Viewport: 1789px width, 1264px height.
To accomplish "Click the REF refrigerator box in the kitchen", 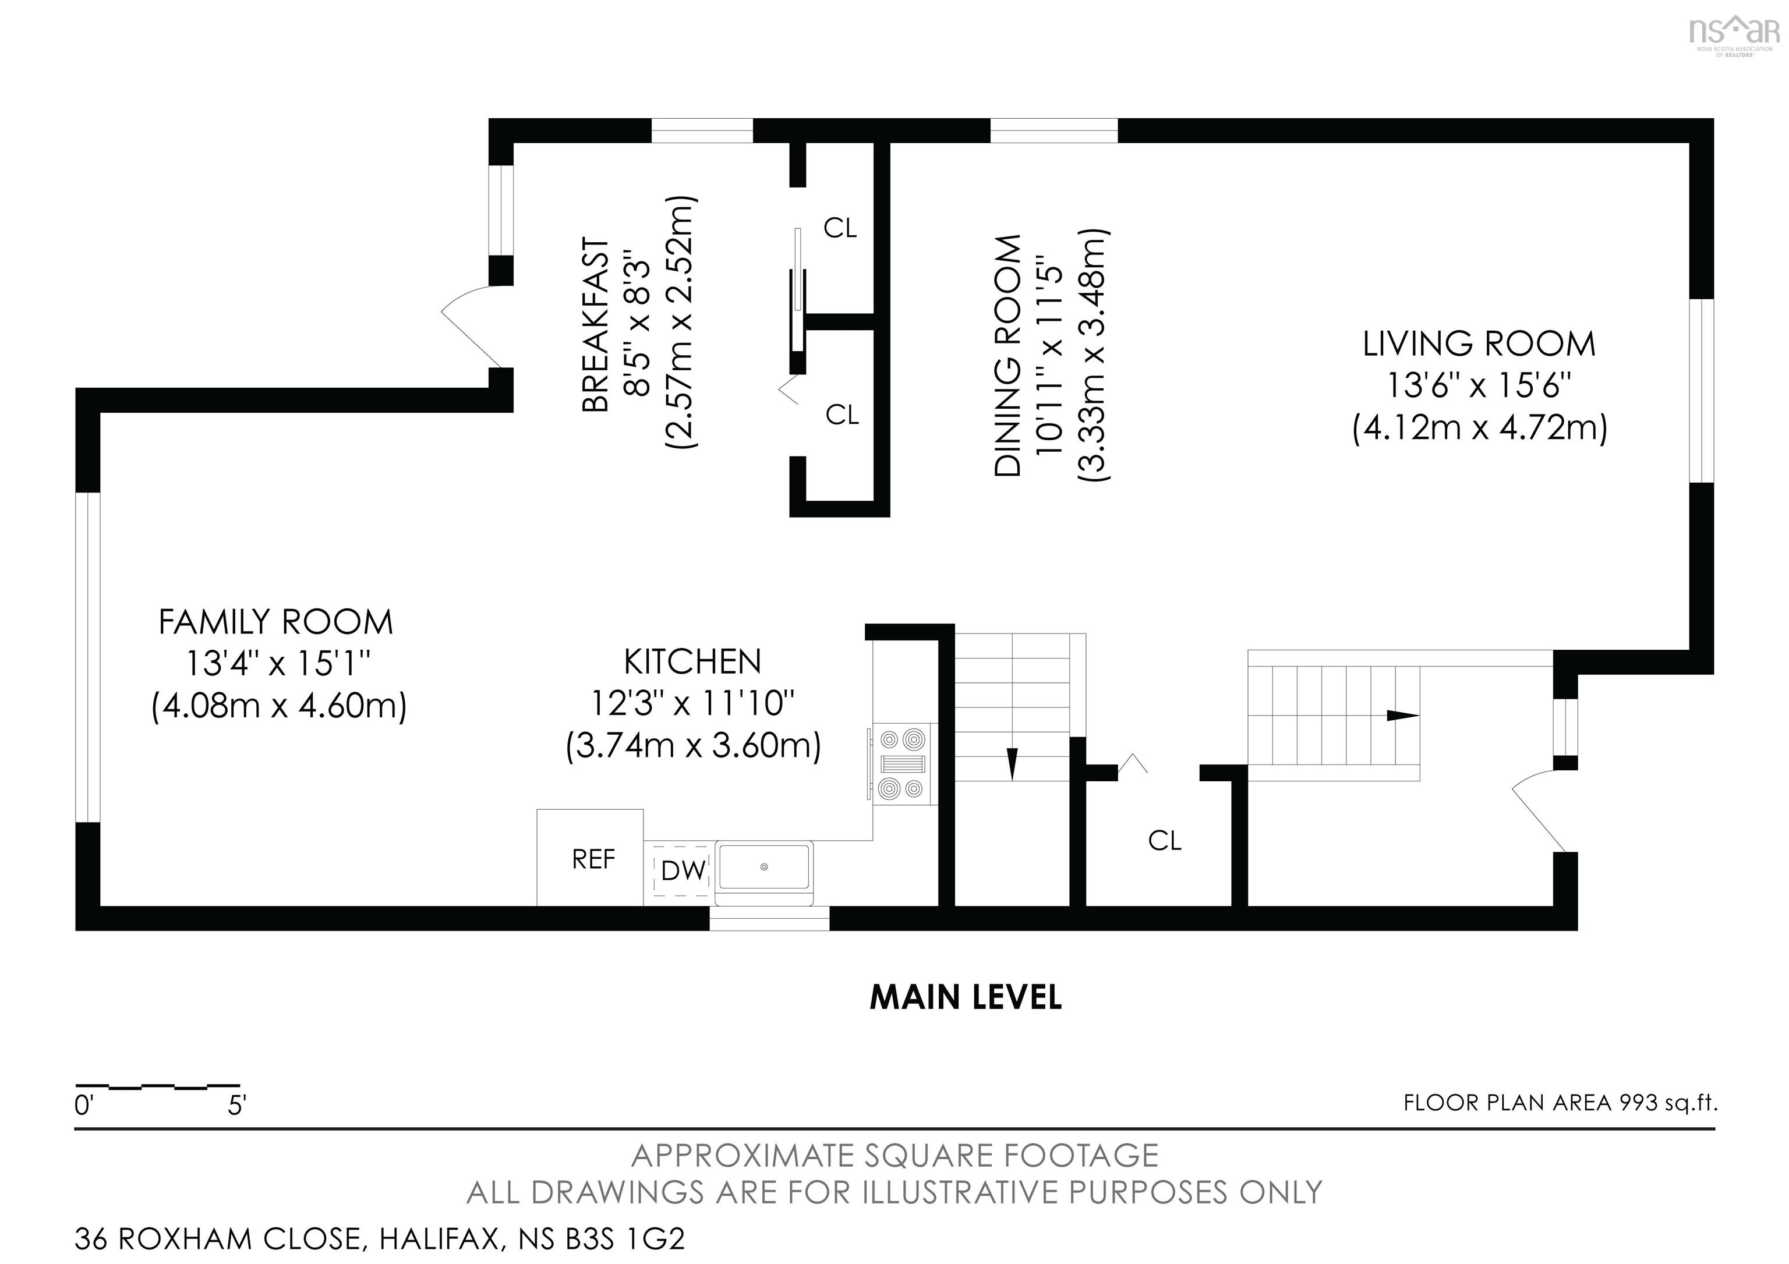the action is tap(590, 858).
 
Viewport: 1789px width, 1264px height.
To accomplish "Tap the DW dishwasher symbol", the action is tap(683, 870).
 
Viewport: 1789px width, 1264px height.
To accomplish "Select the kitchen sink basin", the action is tap(765, 867).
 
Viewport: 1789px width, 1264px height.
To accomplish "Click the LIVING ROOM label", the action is tap(1479, 344).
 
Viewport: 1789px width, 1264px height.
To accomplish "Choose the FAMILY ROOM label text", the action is tap(276, 622).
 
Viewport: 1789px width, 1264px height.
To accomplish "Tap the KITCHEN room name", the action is tap(692, 662).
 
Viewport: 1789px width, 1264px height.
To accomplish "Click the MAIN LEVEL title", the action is tap(966, 998).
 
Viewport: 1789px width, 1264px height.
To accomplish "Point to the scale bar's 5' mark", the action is tap(237, 1105).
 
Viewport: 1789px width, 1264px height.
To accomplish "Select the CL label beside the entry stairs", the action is tap(1165, 840).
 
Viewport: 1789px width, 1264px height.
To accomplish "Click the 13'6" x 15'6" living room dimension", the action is tap(1478, 386).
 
